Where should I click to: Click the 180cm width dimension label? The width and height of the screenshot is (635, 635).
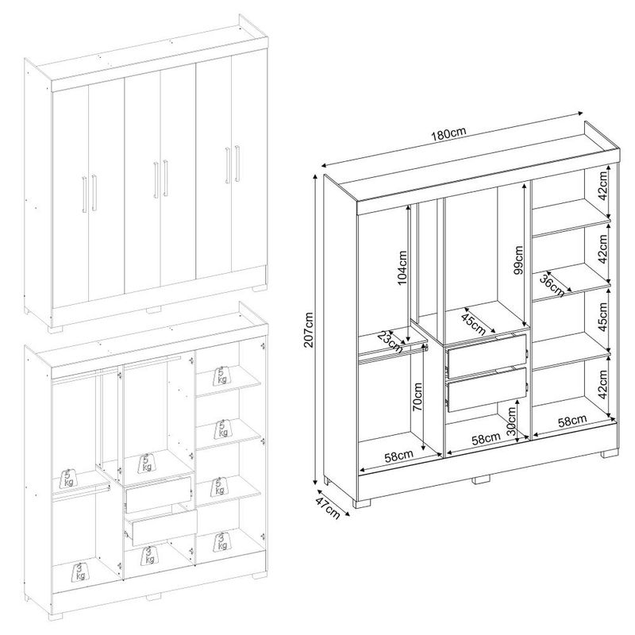pyautogui.click(x=448, y=133)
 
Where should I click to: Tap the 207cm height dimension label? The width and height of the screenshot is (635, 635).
pyautogui.click(x=309, y=329)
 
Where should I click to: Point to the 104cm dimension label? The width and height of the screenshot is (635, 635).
pyautogui.click(x=402, y=267)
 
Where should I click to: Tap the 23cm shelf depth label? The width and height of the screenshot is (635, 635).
pyautogui.click(x=390, y=342)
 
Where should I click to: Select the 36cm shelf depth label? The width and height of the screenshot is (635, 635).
pyautogui.click(x=552, y=284)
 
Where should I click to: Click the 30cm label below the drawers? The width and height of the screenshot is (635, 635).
pyautogui.click(x=511, y=421)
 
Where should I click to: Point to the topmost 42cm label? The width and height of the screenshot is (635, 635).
pyautogui.click(x=603, y=186)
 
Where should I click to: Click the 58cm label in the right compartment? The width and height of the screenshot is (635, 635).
pyautogui.click(x=572, y=421)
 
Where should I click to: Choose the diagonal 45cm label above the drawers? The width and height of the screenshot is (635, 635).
pyautogui.click(x=473, y=324)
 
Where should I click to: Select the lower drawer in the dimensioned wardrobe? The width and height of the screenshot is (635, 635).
pyautogui.click(x=487, y=390)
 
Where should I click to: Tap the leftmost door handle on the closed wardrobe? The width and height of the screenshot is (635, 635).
pyautogui.click(x=84, y=194)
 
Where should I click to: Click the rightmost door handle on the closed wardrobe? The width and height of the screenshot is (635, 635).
pyautogui.click(x=237, y=164)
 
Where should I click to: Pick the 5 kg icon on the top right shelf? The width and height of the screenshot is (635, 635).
pyautogui.click(x=221, y=375)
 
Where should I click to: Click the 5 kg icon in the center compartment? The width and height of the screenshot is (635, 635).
pyautogui.click(x=147, y=463)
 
